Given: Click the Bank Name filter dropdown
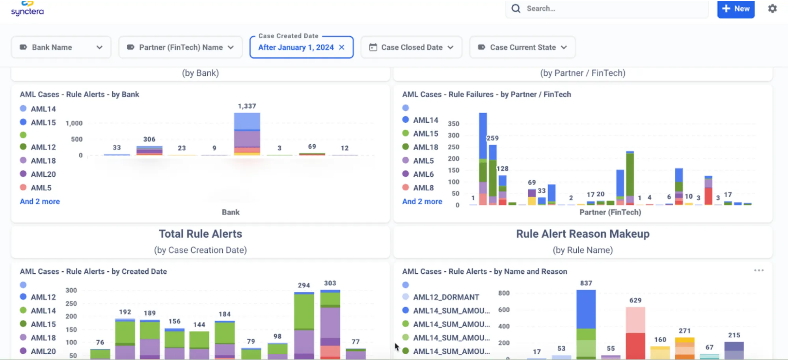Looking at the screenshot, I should click(x=61, y=47).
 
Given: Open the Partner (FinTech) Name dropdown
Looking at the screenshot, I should click(x=180, y=47).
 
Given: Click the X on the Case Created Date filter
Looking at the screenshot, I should click(x=342, y=47).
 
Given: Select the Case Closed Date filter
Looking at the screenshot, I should click(x=411, y=47).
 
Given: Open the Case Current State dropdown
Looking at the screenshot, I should click(x=522, y=47).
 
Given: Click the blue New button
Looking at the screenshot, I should click(x=736, y=9).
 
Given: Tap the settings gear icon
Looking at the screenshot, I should click(x=772, y=9).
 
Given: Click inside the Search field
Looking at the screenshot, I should click(x=611, y=9).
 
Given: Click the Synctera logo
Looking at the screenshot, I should click(x=27, y=9).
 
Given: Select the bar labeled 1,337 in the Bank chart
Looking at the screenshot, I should click(x=247, y=134).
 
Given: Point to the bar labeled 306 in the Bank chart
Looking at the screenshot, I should click(x=149, y=151).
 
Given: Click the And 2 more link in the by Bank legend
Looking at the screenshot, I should click(x=40, y=201).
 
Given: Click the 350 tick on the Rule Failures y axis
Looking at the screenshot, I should click(x=453, y=124).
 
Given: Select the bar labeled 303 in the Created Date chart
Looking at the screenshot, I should click(x=330, y=323).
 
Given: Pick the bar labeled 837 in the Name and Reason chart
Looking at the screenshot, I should click(x=586, y=323).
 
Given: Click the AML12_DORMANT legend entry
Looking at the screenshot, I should click(x=445, y=297).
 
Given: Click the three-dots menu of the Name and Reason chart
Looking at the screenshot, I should click(x=759, y=270).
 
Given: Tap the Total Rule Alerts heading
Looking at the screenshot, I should click(x=200, y=234).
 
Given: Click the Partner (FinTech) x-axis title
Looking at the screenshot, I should click(x=610, y=212).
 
